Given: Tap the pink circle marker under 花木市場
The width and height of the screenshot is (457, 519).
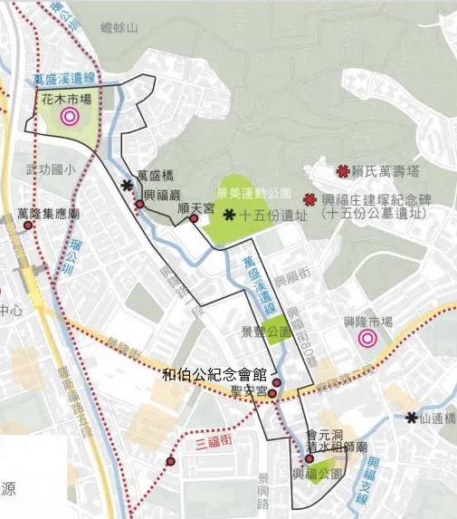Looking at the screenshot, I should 69,116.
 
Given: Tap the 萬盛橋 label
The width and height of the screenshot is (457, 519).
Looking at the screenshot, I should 154,176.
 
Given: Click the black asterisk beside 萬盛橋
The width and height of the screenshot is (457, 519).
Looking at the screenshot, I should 127,185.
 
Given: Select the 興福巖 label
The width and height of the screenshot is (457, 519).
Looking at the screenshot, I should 165,195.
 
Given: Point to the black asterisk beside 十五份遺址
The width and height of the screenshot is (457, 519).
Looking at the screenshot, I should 229,214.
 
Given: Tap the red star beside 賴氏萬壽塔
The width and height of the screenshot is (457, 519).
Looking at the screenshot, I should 343,170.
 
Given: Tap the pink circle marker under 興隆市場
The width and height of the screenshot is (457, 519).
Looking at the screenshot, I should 367,339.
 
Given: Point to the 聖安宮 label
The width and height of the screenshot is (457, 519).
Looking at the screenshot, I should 249,391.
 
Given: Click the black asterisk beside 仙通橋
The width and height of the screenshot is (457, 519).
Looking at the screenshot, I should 412,417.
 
